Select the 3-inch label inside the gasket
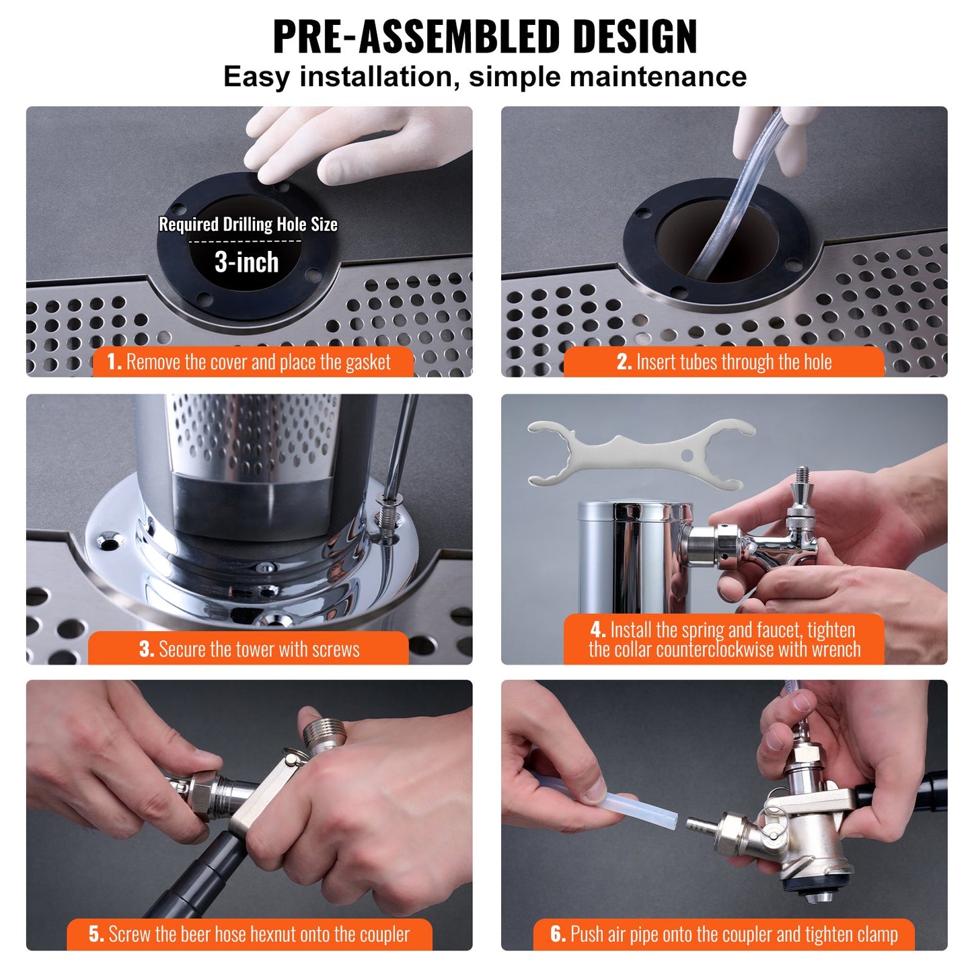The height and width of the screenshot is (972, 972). pos(246,262)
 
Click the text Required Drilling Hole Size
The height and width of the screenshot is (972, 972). pos(248,225)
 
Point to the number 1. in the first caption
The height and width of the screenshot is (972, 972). pos(114,363)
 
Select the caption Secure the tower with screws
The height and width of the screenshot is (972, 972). pos(258,649)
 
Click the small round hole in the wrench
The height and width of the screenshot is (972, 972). pos(686,455)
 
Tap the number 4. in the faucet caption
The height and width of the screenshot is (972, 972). pos(598,630)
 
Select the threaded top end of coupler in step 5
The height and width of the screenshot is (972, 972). pos(323,735)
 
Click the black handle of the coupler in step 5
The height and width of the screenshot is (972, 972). pos(202,874)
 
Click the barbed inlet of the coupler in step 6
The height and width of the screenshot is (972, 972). pos(700,823)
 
